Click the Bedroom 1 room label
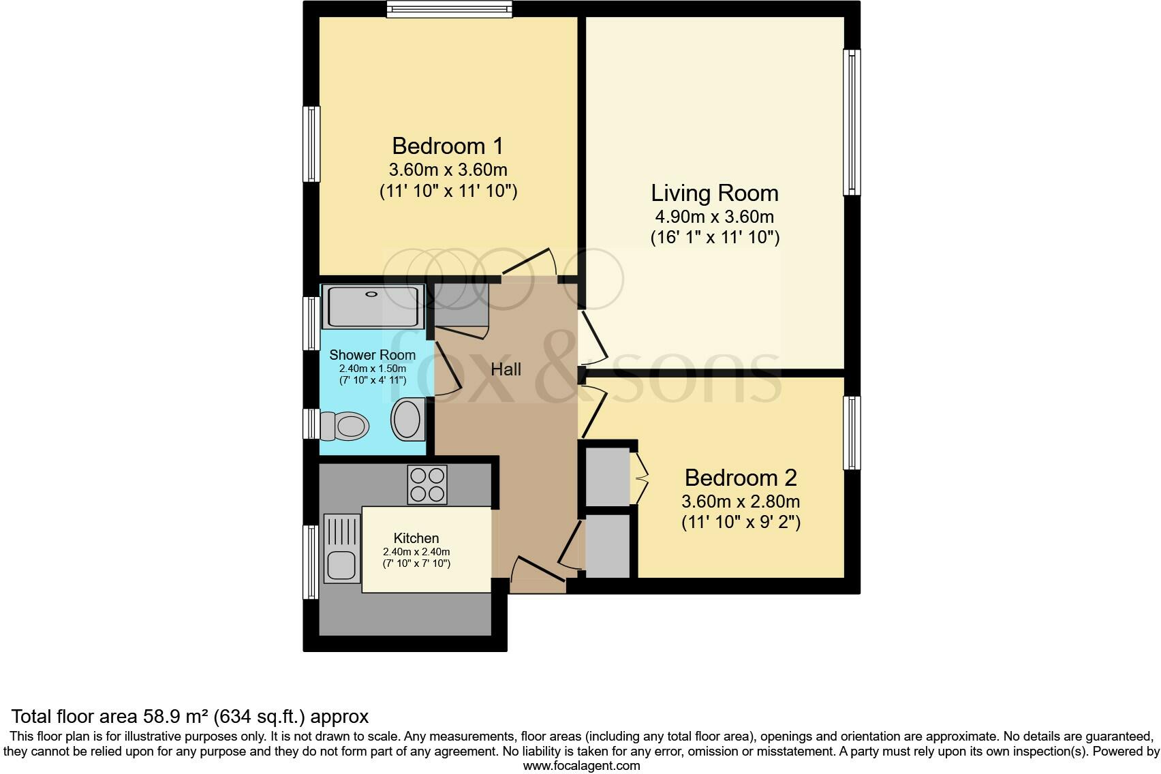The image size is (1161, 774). coord(448,146)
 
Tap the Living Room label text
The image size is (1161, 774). coord(714,193)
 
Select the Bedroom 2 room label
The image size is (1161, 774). coord(741,478)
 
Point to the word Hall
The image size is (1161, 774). coord(506,369)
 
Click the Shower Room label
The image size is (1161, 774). coord(372,355)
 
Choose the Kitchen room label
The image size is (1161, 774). coord(416,538)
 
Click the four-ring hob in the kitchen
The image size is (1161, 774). coord(427,484)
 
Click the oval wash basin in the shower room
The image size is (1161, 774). coord(407,418)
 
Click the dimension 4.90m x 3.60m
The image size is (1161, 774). coord(714,217)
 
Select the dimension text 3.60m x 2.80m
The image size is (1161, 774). coord(741,502)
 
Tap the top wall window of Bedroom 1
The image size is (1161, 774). coord(449,9)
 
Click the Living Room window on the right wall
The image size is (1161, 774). coord(852,123)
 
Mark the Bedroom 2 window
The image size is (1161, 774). coord(852,433)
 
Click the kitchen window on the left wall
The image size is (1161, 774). coord(311,562)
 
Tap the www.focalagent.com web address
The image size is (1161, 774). coord(581,766)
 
